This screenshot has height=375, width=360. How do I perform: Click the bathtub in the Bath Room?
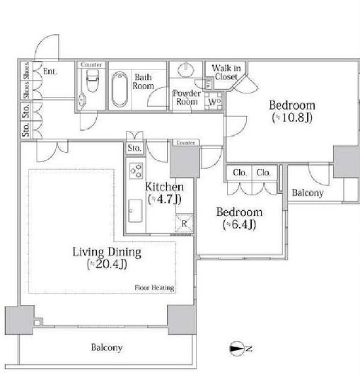[120, 89]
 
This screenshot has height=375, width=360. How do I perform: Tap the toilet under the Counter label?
[92, 81]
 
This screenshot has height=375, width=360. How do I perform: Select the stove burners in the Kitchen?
[136, 171]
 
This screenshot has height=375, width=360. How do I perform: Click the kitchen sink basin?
[135, 211]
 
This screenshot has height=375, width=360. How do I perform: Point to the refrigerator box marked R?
[185, 224]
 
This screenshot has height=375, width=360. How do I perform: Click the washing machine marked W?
[214, 101]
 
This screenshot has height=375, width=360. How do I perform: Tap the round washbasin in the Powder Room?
[186, 69]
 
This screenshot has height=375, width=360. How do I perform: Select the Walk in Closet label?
[226, 72]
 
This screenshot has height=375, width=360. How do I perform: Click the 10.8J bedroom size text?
[292, 117]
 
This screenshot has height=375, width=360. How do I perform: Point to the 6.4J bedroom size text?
[239, 224]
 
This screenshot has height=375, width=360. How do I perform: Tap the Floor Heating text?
[154, 287]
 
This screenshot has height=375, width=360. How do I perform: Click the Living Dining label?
[107, 252]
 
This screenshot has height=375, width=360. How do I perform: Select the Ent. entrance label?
[50, 71]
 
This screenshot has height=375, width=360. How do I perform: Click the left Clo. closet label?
[240, 173]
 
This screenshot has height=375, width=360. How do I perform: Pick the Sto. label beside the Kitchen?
[134, 148]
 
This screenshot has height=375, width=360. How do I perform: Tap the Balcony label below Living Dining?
[107, 347]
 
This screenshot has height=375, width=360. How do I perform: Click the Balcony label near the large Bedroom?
[308, 192]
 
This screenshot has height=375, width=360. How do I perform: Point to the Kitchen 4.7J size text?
[165, 199]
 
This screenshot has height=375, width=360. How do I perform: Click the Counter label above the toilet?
[91, 64]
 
